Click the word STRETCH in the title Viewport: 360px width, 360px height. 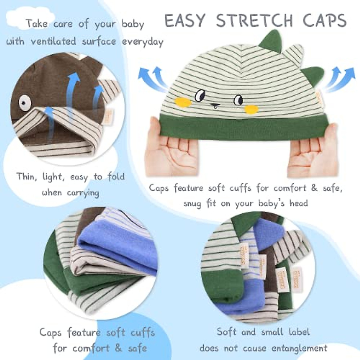coord(254,21)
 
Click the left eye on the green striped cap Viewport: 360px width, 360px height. coord(199,96)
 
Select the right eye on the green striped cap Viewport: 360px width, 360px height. coord(238,99)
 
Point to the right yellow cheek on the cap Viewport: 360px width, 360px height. coord(251,109)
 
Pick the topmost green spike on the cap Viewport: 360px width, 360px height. coord(270,41)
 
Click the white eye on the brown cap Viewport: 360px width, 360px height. coord(25,103)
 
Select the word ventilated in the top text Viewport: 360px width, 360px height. coord(53,41)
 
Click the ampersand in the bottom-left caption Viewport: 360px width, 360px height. coord(118,348)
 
